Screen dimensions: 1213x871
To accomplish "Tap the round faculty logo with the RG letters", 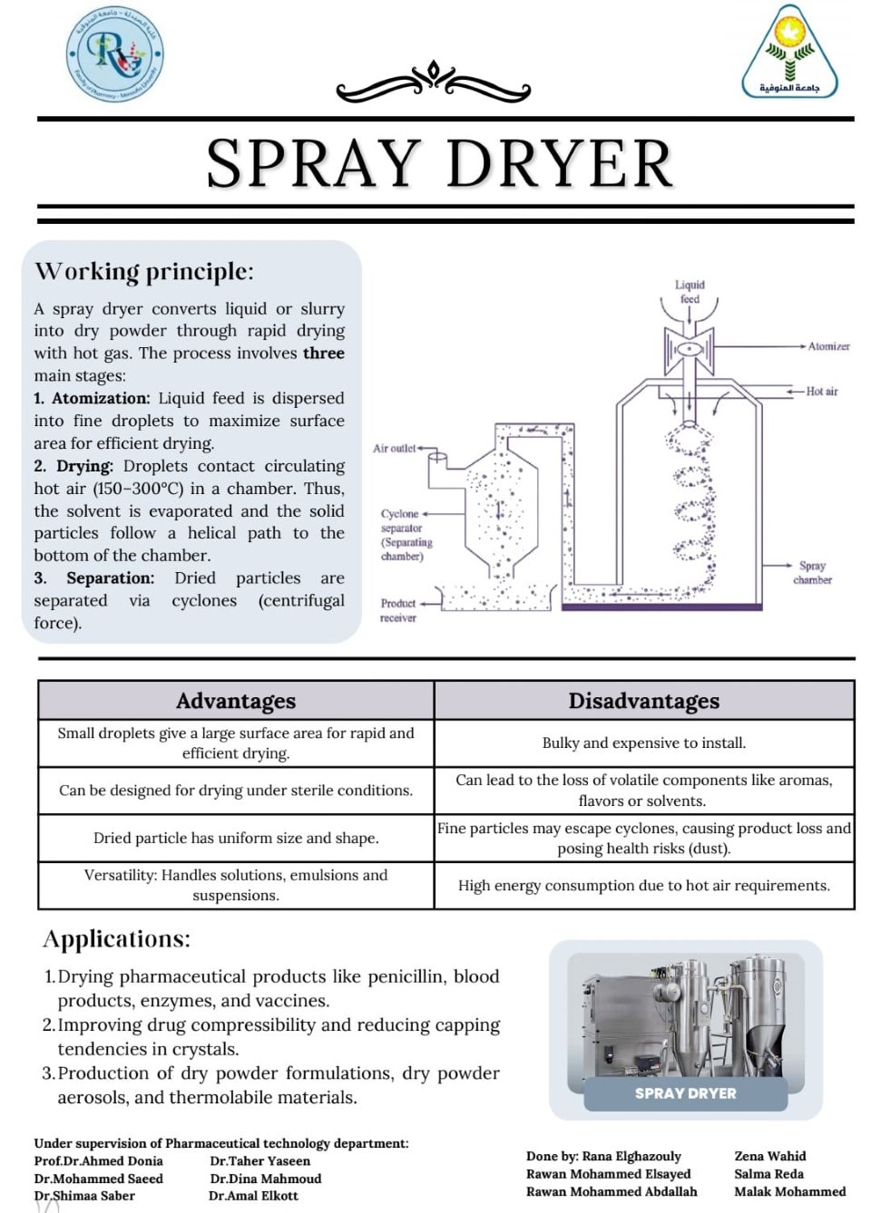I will coord(116,54).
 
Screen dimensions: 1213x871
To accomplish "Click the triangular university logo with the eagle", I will coord(789,53).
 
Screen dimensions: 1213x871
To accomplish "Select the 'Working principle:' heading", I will coord(144,271).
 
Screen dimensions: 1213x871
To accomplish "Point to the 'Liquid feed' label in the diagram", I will coord(690,291).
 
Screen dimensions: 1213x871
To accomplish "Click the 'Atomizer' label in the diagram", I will coord(828,346).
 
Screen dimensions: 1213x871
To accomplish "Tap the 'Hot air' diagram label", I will coord(822,392).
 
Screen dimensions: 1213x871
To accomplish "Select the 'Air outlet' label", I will coord(394,448).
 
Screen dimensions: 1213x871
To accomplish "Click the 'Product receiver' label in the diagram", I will coord(398,610).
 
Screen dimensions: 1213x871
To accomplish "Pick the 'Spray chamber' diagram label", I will coord(812,572).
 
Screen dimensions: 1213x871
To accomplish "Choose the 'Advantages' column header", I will coord(236,701).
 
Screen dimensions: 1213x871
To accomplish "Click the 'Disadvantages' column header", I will coord(644,701).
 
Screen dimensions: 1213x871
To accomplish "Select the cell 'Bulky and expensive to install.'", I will coord(644,742).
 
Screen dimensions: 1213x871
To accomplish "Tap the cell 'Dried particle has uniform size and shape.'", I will coord(236,838).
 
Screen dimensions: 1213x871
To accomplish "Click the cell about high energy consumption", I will coord(644,885).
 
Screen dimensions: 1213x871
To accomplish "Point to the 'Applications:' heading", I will coord(116,938).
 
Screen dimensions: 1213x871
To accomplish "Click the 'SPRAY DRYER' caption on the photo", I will coord(686,1093).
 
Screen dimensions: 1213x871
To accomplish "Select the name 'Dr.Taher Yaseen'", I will coord(260,1160).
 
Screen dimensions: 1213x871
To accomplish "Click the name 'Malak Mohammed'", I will coord(789,1191).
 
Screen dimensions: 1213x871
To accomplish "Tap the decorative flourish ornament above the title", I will coord(434,82).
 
